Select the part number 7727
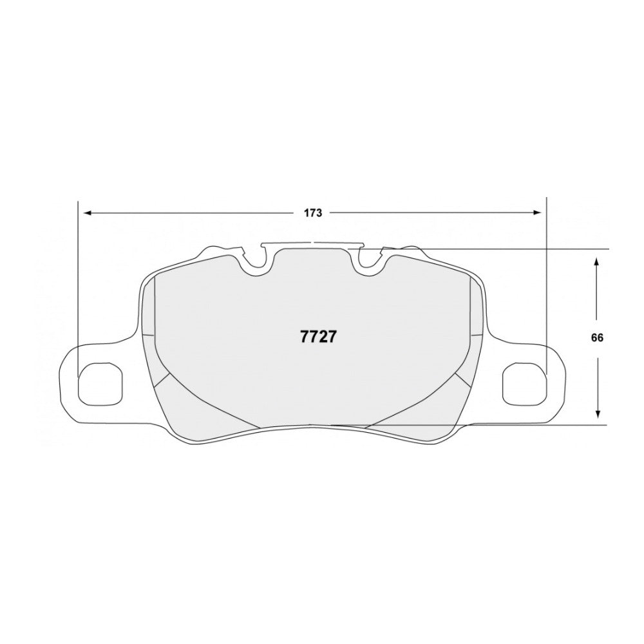(316, 337)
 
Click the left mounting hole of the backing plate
(100, 385)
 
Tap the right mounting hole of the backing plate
(524, 385)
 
